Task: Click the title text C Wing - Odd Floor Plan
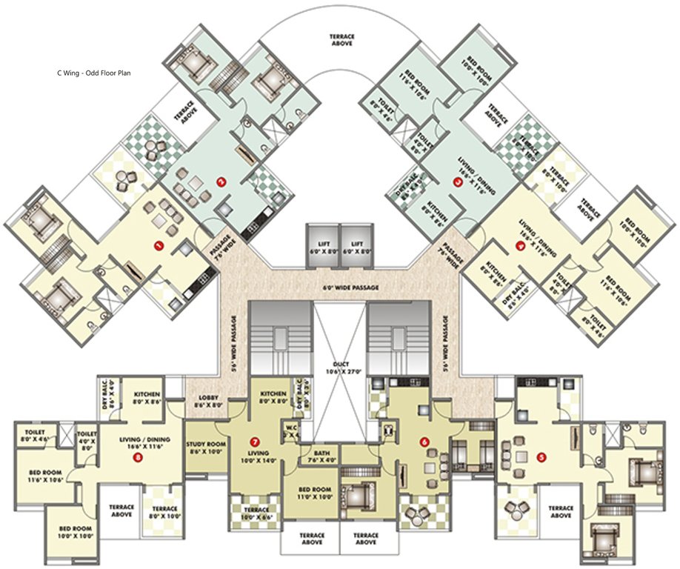tap(104, 73)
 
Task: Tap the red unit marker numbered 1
tap(157, 244)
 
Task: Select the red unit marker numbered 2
tap(220, 180)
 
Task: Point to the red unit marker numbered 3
tap(458, 180)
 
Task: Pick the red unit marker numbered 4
tap(520, 244)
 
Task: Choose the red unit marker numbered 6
tap(424, 442)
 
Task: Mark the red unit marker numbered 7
tap(254, 442)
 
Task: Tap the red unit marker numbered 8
tap(139, 457)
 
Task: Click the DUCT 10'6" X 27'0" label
tap(340, 369)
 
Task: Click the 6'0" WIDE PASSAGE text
tap(340, 286)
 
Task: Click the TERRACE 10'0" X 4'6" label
tap(256, 513)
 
